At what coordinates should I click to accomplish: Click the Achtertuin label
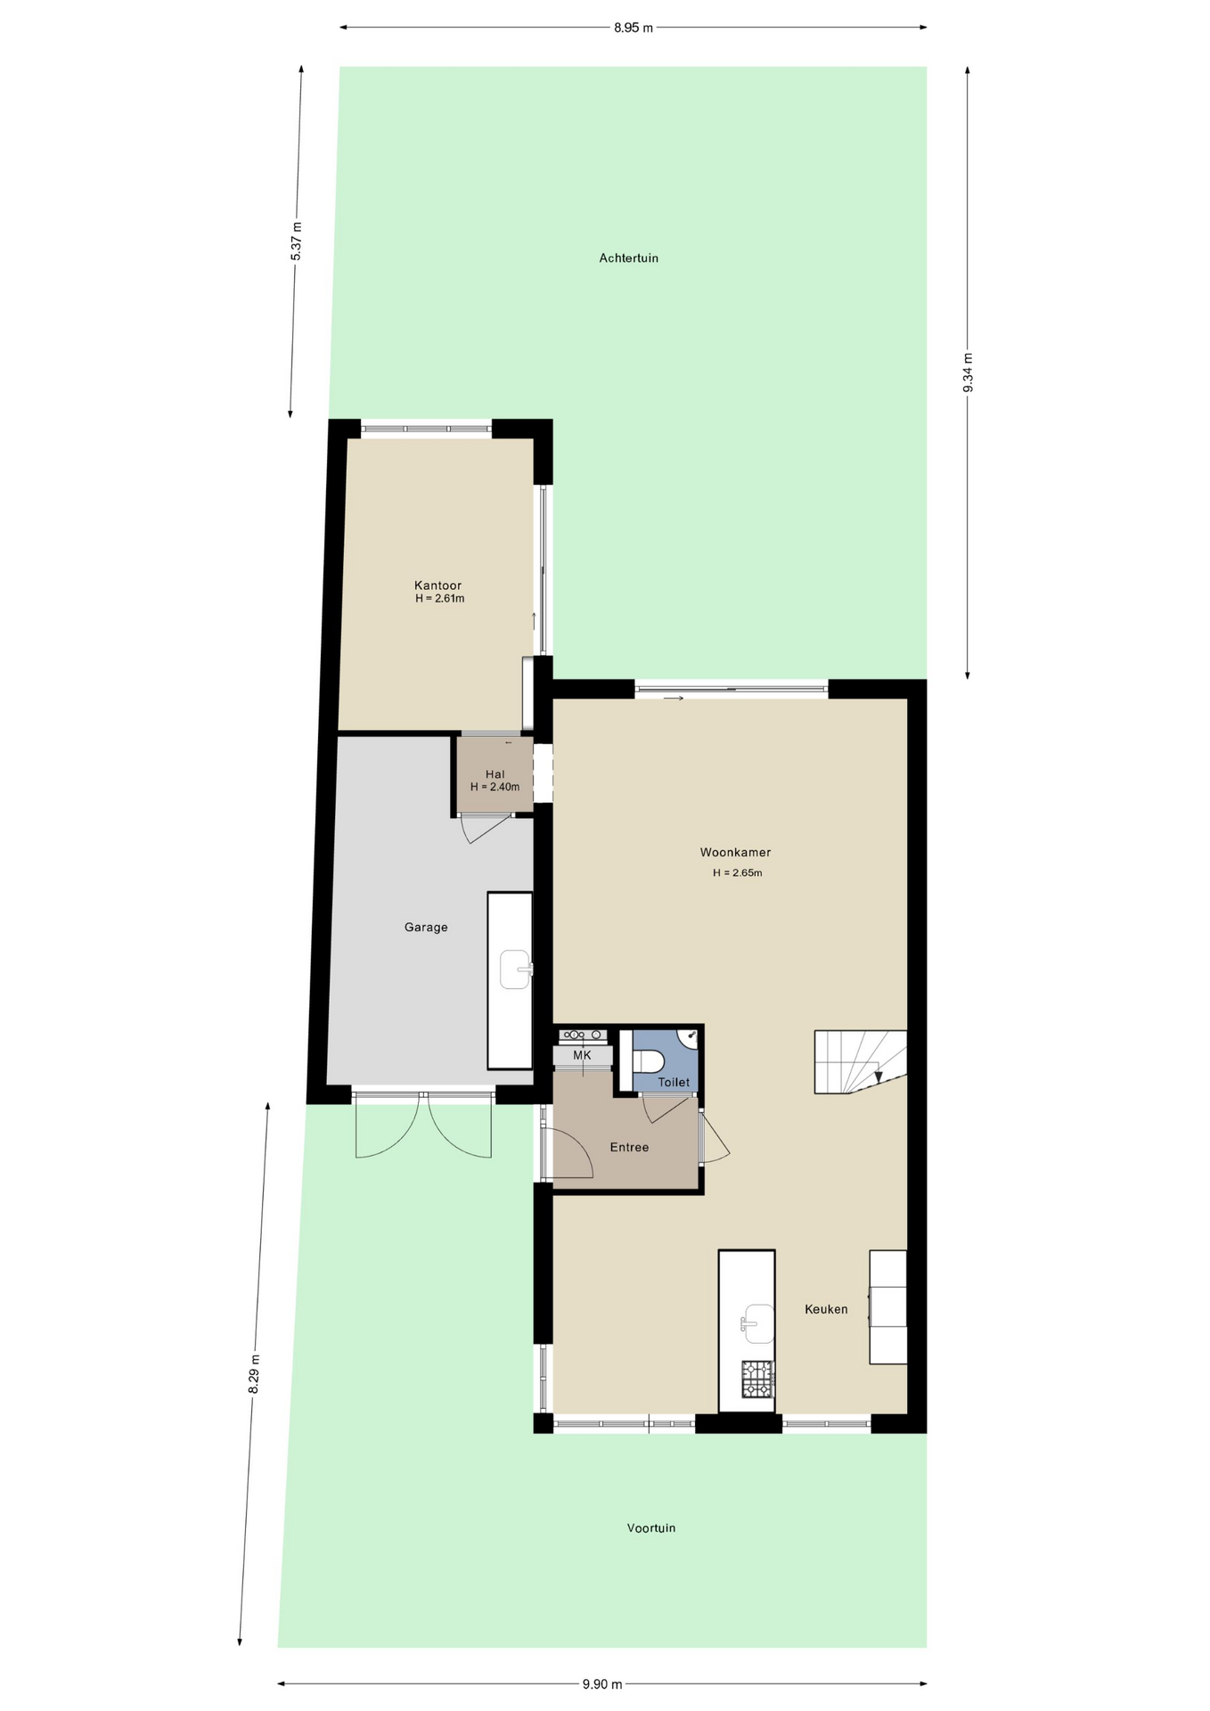click(628, 258)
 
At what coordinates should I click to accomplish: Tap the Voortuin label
click(651, 1527)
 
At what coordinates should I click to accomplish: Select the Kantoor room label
click(437, 585)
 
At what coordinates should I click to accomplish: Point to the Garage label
click(426, 927)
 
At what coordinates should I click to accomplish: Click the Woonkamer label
click(735, 852)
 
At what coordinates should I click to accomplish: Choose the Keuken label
click(826, 1309)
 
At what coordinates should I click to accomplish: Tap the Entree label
click(629, 1147)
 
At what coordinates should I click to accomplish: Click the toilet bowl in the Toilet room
click(648, 1060)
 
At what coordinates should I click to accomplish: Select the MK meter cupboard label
click(582, 1055)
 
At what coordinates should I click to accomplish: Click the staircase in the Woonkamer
click(860, 1061)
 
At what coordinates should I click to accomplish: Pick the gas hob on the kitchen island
click(758, 1379)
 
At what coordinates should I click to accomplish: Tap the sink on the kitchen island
click(757, 1323)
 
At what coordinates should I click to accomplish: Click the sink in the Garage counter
click(516, 969)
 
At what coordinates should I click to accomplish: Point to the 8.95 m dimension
click(634, 28)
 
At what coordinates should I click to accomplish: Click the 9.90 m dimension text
click(602, 1683)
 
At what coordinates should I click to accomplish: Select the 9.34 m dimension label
click(968, 372)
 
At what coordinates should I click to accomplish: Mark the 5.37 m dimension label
click(296, 241)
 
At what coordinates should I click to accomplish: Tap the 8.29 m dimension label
click(254, 1374)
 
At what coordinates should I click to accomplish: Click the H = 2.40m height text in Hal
click(495, 787)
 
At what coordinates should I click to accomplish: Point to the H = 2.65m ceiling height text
click(737, 872)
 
